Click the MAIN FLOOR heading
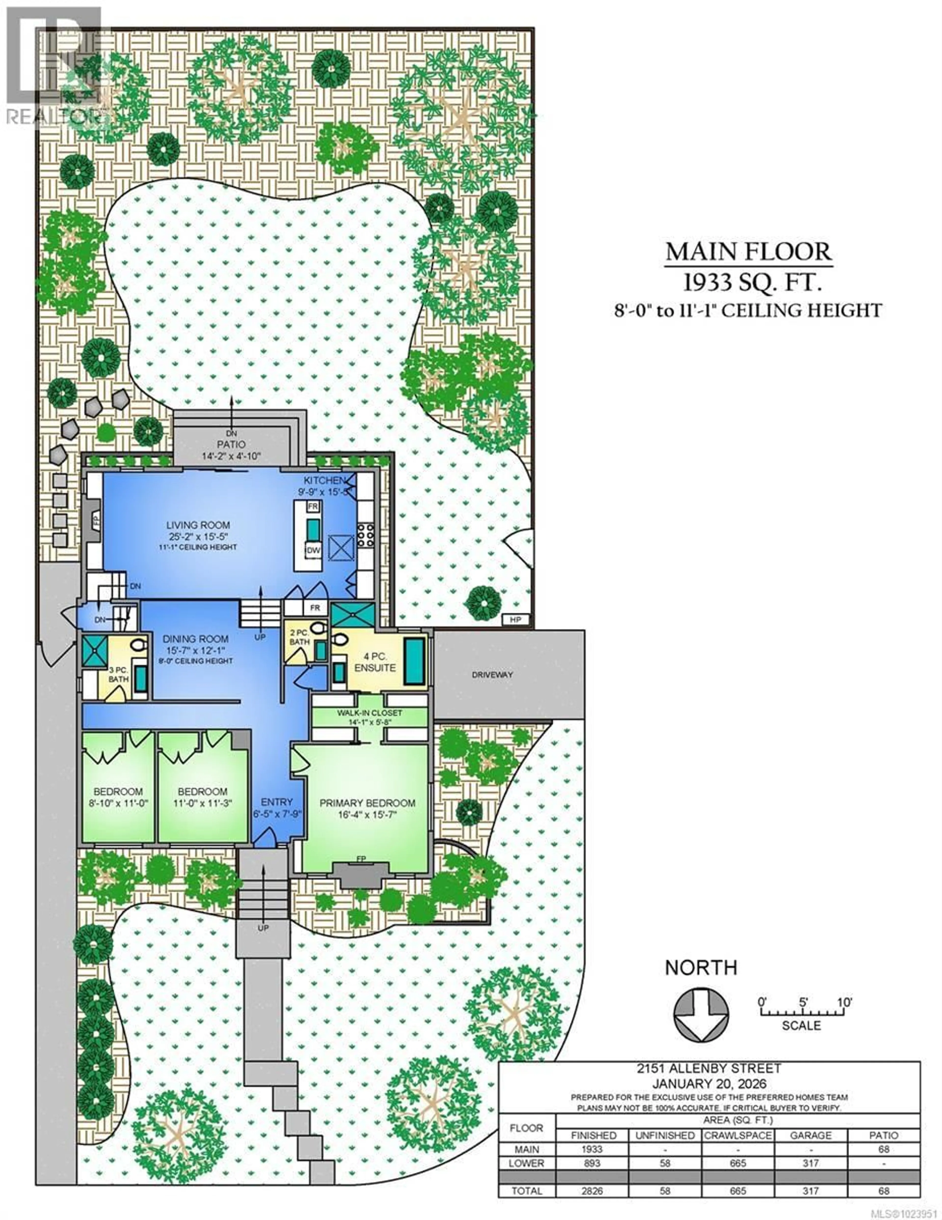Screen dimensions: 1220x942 pos(748,252)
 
